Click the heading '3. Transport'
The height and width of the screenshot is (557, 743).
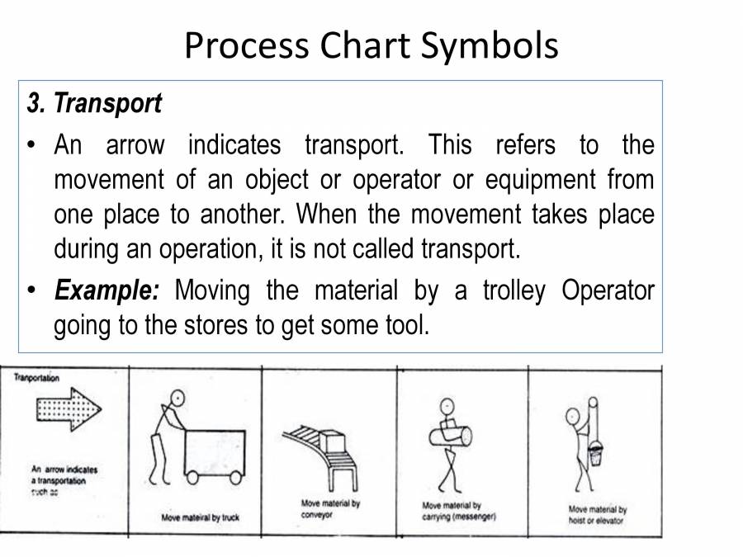click(94, 104)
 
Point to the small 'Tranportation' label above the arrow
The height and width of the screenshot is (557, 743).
click(36, 377)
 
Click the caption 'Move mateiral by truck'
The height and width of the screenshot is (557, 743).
click(200, 518)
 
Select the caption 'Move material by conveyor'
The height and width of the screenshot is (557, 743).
click(330, 508)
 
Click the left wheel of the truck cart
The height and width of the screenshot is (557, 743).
click(192, 477)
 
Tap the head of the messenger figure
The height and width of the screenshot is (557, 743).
click(447, 407)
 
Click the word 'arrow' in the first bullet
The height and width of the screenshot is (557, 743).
click(135, 145)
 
